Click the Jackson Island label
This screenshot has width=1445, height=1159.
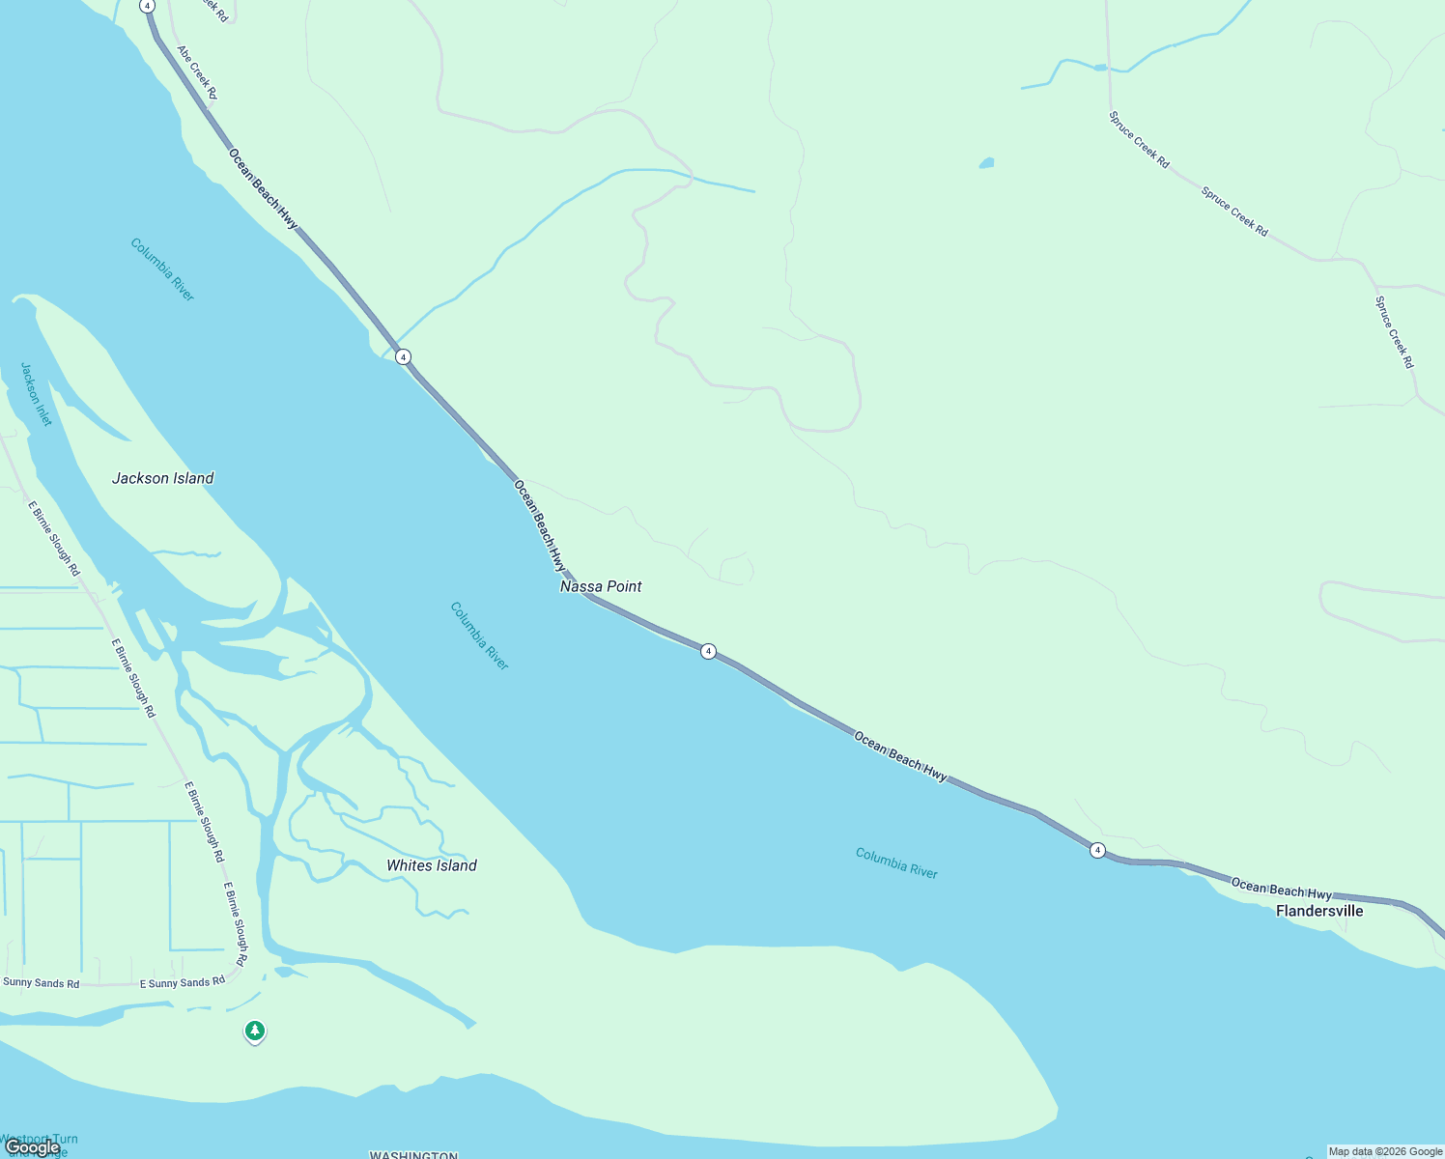pyautogui.click(x=162, y=478)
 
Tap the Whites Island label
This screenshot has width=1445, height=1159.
pyautogui.click(x=431, y=865)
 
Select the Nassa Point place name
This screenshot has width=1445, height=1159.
pyautogui.click(x=601, y=586)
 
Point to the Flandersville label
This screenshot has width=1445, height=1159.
pyautogui.click(x=1319, y=911)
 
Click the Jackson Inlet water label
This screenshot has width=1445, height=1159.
pyautogui.click(x=36, y=394)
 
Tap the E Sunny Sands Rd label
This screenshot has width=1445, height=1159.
pyautogui.click(x=183, y=982)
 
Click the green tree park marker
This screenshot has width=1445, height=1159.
pyautogui.click(x=254, y=1032)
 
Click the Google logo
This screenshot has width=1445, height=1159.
pyautogui.click(x=32, y=1147)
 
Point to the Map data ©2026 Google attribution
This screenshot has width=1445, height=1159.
pyautogui.click(x=1385, y=1151)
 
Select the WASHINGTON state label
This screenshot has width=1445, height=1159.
pyautogui.click(x=413, y=1154)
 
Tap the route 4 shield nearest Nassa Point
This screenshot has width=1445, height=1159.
pyautogui.click(x=708, y=652)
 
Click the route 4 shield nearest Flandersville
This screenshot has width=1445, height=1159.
pyautogui.click(x=1097, y=850)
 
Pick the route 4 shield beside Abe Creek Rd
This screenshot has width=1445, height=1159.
pyautogui.click(x=147, y=6)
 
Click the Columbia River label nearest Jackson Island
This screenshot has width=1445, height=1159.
pyautogui.click(x=162, y=269)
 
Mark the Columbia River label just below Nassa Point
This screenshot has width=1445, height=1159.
pyautogui.click(x=479, y=636)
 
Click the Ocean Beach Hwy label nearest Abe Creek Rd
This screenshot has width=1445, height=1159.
pyautogui.click(x=263, y=188)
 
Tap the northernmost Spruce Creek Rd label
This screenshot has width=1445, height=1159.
pyautogui.click(x=1139, y=140)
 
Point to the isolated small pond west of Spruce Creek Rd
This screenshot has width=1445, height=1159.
pyautogui.click(x=986, y=163)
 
